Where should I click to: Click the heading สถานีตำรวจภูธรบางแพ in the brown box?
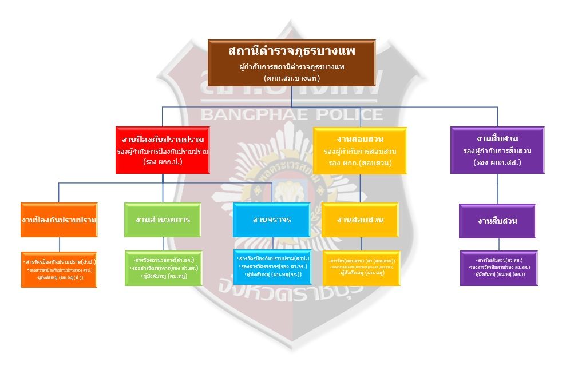pos(292,51)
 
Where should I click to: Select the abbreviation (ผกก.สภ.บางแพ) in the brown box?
pos(292,78)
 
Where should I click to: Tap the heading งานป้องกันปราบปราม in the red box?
pos(163,140)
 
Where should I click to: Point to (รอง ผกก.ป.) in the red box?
pos(163,161)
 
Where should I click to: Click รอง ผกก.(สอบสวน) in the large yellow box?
pos(360,162)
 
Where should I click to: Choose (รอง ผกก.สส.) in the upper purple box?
pos(497,162)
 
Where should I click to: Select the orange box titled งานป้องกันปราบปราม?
pos(59,220)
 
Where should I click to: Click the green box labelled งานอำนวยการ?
pos(163,220)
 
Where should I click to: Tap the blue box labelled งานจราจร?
pos(271,220)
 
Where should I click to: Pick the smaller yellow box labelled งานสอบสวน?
pos(360,220)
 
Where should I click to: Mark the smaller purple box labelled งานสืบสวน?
pos(497,221)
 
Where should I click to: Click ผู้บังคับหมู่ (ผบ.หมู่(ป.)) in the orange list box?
pos(60,277)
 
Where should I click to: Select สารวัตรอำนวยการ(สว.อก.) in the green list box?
pos(163,260)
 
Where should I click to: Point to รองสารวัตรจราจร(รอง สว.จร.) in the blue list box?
pos(272,266)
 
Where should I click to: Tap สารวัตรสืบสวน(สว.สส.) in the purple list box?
pos(497,260)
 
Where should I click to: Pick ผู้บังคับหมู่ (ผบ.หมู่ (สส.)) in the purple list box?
pos(498,274)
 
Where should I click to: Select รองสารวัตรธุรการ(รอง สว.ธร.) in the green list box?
pos(163,268)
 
